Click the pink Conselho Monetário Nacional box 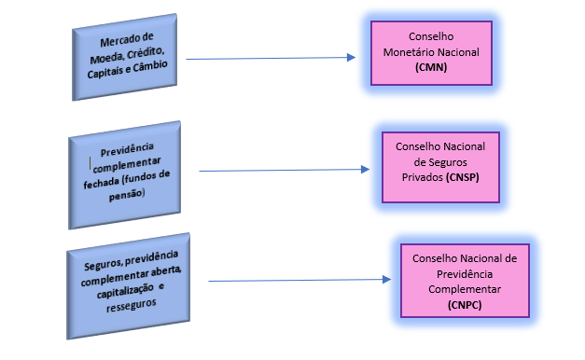[x=430, y=53]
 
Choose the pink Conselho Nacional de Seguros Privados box [x=441, y=161]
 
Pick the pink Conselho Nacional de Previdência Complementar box [x=463, y=280]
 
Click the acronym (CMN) [x=430, y=68]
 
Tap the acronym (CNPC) [x=464, y=305]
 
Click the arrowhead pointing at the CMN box [x=351, y=57]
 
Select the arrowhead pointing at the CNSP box [x=365, y=170]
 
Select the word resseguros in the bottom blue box [x=127, y=303]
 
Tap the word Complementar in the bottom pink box [x=464, y=291]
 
